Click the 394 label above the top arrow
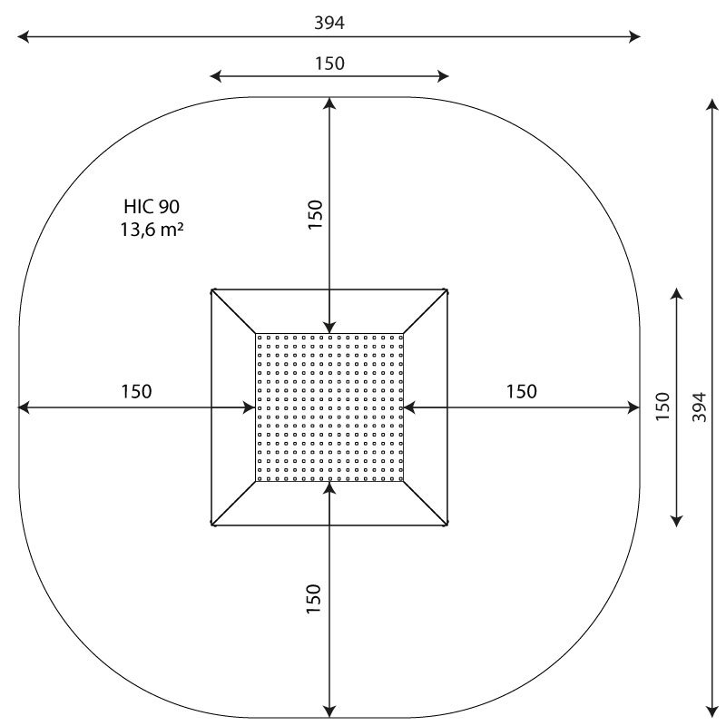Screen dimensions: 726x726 coord(329,23)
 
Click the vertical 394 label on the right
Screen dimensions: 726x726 coord(700,407)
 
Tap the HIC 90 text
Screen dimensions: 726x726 coord(152,207)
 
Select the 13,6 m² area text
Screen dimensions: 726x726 coord(152,230)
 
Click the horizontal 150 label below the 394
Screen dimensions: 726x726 coord(329,64)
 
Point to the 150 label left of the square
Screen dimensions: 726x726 coord(136,392)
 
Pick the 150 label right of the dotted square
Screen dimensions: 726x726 coord(521,392)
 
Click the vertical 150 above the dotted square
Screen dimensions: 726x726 coord(315,214)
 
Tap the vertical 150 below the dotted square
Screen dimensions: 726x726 coord(313,599)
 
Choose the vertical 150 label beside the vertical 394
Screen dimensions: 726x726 coord(663,407)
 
